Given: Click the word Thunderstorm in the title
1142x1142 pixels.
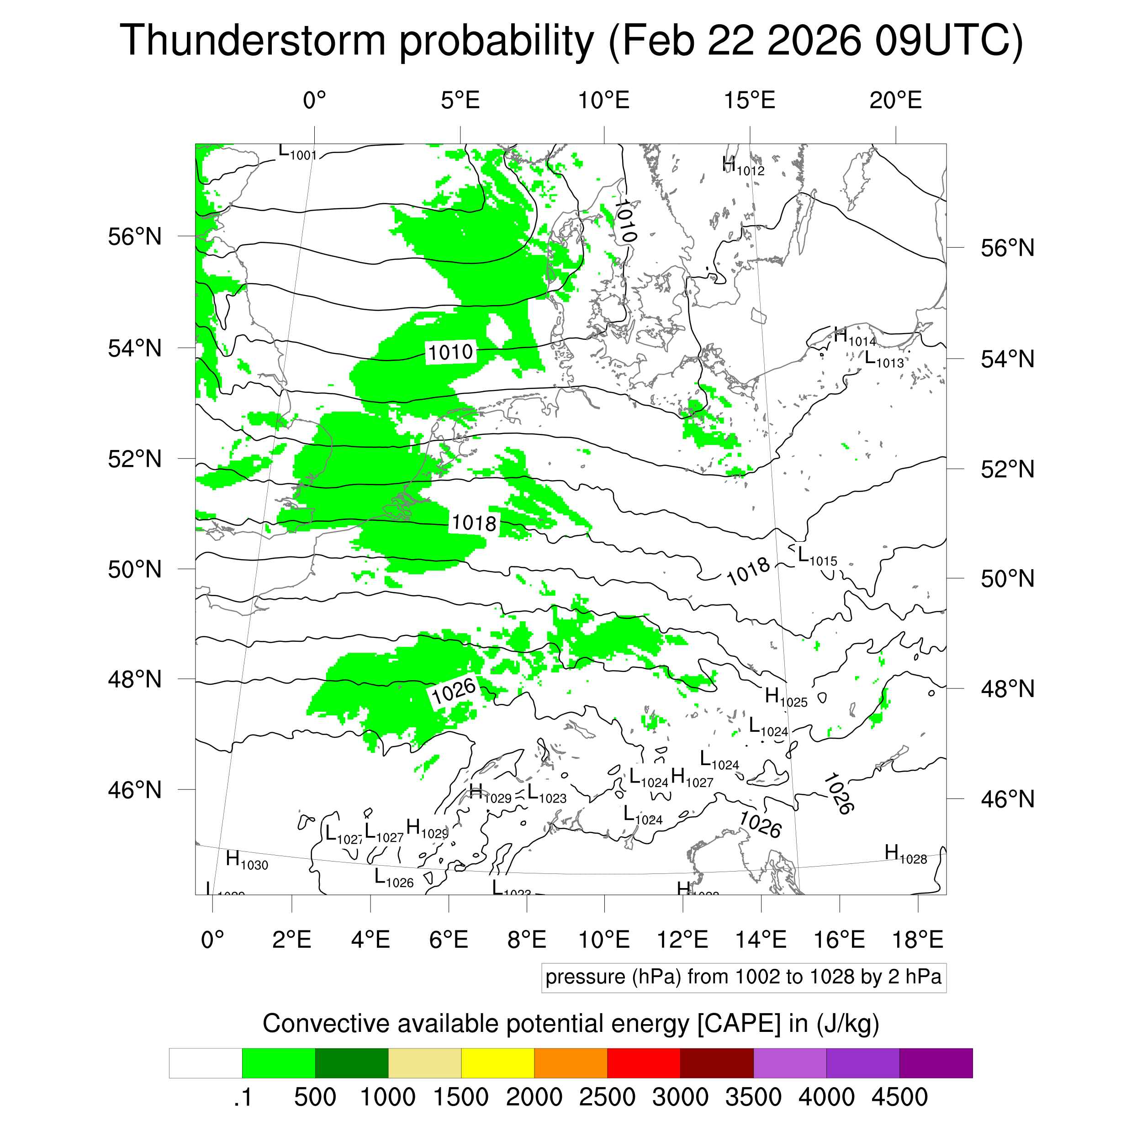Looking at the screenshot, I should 253,40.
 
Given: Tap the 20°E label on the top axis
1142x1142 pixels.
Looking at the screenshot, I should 895,100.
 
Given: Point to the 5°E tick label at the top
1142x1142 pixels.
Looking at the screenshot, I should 460,100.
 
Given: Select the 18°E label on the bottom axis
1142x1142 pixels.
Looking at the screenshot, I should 917,940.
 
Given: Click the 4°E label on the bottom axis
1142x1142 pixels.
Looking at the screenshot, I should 370,940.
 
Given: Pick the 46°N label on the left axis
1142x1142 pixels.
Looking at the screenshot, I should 135,790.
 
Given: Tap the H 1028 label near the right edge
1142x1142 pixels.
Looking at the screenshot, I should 905,854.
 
